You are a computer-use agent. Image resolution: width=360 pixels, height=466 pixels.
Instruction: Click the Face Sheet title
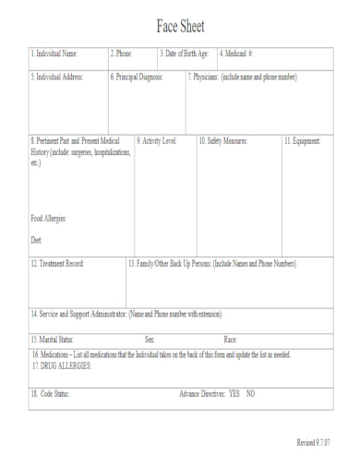[x=180, y=25]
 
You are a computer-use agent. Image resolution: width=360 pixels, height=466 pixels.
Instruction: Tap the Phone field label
[x=122, y=54]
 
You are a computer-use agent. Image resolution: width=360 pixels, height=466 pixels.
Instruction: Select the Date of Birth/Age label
[x=185, y=54]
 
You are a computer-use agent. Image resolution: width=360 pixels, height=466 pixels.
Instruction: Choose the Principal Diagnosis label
[x=138, y=77]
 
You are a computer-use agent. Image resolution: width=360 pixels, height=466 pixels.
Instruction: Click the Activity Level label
[x=157, y=141]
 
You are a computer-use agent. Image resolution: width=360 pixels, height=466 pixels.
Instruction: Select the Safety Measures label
[x=223, y=141]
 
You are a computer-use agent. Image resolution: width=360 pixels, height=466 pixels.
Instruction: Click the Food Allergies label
[x=50, y=219]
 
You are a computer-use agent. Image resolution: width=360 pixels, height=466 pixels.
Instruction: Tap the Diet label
[x=37, y=240]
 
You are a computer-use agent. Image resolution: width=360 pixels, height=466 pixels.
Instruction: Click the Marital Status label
[x=54, y=340]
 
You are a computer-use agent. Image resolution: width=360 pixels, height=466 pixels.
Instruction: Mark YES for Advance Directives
[x=234, y=394]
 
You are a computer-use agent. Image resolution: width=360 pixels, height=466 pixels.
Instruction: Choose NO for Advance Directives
[x=250, y=394]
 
